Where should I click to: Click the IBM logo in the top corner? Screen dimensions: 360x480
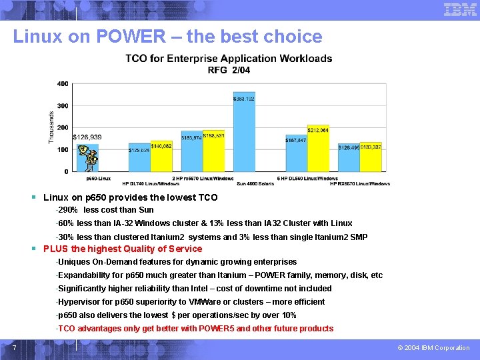460,9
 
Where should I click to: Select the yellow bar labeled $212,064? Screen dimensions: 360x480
318,150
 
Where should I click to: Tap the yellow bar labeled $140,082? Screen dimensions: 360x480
161,157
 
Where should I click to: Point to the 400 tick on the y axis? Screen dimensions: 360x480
63,84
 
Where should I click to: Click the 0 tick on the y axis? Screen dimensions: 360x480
65,171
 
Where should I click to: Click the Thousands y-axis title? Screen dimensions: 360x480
51,127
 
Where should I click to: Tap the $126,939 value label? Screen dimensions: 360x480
87,137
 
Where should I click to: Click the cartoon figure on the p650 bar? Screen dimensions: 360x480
88,157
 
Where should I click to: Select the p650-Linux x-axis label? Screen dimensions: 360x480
99,179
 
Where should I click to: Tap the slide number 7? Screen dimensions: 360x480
14,347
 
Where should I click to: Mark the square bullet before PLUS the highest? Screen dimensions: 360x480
34,249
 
